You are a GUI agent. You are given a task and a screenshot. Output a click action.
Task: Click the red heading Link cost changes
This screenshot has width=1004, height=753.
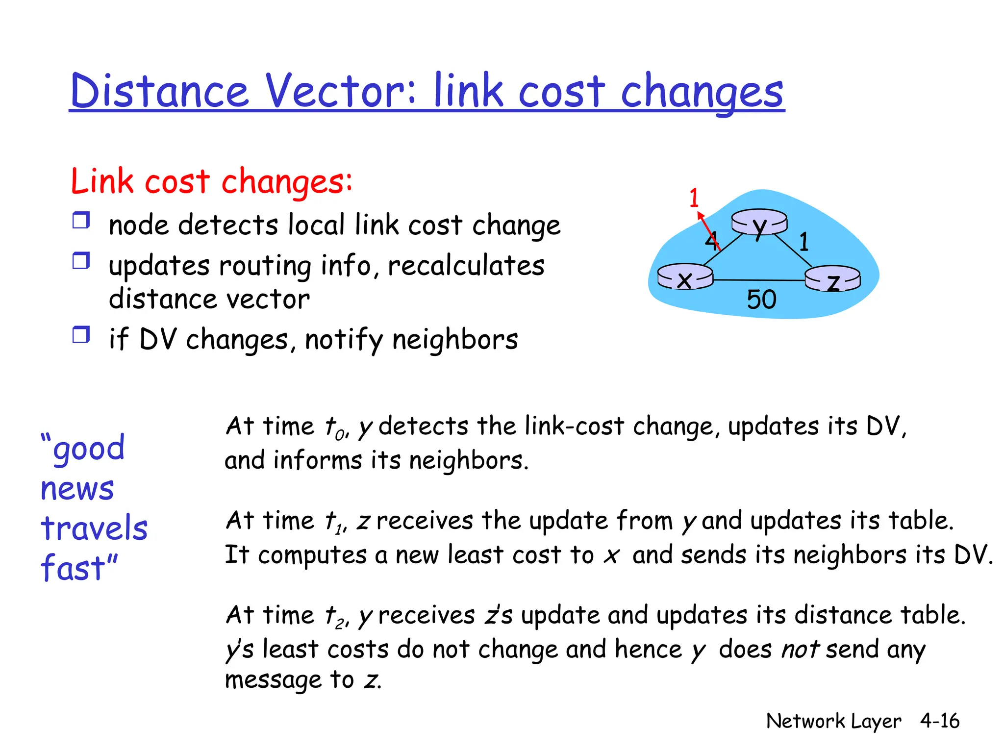point(211,181)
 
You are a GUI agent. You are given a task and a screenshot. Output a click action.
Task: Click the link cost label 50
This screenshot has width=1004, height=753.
point(761,300)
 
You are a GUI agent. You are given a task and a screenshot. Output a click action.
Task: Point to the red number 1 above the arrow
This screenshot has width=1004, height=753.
point(694,198)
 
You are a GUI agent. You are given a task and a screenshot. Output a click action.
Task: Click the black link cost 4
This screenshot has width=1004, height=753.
point(711,240)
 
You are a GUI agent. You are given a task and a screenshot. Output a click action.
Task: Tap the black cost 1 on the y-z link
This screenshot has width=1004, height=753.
point(804,242)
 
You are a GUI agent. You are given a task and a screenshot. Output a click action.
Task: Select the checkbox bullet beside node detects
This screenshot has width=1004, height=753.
point(81,221)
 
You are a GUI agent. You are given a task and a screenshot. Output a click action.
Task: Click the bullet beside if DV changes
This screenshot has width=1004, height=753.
point(81,335)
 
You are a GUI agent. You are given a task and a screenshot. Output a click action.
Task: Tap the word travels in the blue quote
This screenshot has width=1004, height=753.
point(94,528)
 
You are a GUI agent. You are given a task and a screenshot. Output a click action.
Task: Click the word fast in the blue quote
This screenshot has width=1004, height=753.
point(74,568)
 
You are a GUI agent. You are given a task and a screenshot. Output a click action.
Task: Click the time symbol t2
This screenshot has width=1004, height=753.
point(335,617)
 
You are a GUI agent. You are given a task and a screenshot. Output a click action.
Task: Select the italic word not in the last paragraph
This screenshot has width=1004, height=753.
point(800,650)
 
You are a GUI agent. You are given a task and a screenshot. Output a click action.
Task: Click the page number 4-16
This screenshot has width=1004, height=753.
point(939,721)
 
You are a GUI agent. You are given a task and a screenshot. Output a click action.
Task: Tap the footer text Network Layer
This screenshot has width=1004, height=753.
point(833,721)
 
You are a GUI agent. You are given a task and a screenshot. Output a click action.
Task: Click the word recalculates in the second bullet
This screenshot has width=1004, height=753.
point(466,266)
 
